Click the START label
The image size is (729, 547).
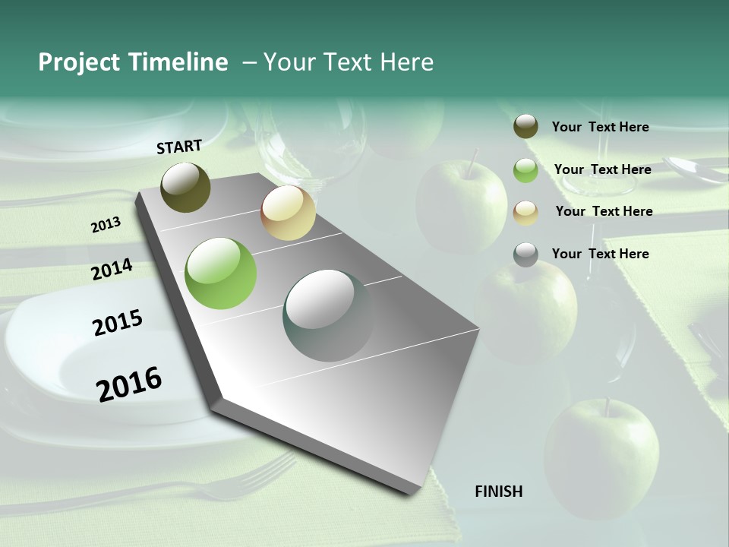pos(179,147)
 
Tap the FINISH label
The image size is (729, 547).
pos(498,492)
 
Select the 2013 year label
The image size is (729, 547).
pos(106,224)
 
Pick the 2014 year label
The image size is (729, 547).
pos(112,270)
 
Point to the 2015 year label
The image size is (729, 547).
pos(118,323)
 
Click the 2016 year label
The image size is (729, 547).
pos(129,384)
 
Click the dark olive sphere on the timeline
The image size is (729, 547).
pos(185,187)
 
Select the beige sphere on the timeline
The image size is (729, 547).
pos(288,213)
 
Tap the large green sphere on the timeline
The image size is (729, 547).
pos(221,273)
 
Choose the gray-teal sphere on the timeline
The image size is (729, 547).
pos(329,315)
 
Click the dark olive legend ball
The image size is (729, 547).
pos(525,127)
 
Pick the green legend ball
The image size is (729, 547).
pos(525,170)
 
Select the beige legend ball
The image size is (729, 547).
pos(525,212)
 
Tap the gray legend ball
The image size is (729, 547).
pos(525,255)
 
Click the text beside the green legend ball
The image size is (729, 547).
pos(602,169)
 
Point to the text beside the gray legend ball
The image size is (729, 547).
pos(600,254)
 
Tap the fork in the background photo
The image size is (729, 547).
pos(251,479)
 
